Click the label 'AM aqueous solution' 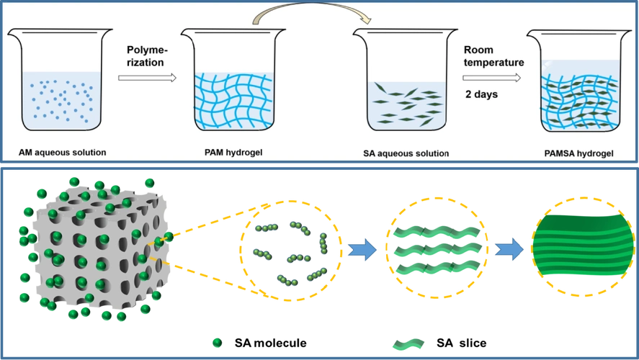pos(63,153)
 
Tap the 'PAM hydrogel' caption pos(228,153)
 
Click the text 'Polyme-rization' pos(146,56)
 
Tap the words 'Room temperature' pos(493,56)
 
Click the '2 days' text pos(481,94)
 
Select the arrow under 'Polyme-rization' pos(148,76)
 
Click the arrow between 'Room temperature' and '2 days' pos(493,77)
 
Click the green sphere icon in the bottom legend pos(216,341)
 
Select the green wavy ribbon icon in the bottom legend pos(407,341)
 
